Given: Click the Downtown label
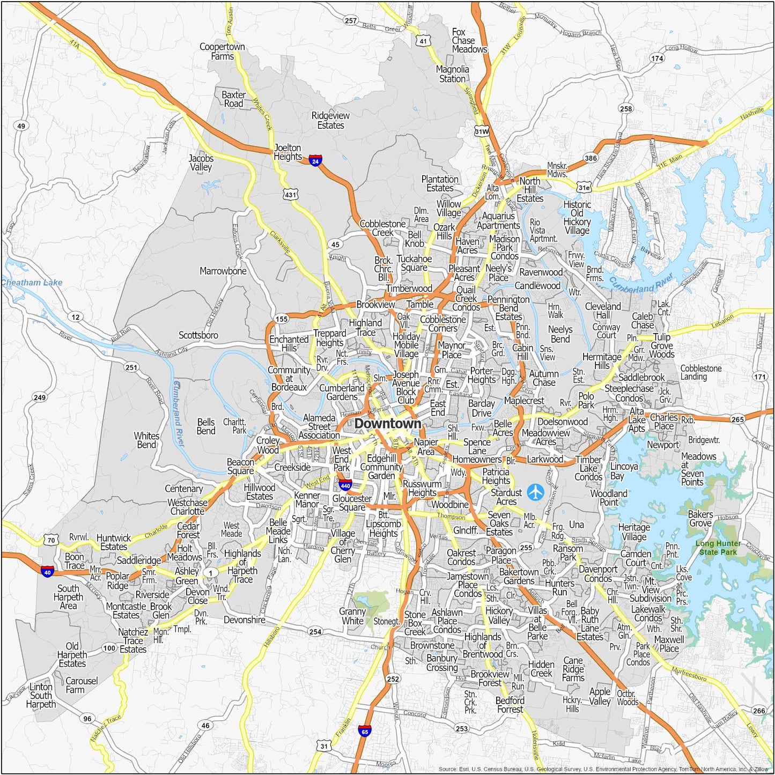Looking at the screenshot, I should [x=388, y=424].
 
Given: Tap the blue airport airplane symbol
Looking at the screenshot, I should [x=535, y=492].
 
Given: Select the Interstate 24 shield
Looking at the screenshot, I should [x=315, y=160].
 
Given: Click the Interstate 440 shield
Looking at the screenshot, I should [x=345, y=485].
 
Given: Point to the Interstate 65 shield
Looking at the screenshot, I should [x=365, y=731].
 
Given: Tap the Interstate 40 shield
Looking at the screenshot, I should [x=47, y=572].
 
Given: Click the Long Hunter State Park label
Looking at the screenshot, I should [x=718, y=548].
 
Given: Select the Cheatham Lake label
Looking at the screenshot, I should [x=32, y=283].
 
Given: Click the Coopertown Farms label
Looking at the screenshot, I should [x=222, y=51].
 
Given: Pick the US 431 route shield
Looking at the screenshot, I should [x=290, y=195].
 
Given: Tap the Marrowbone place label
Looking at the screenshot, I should [x=223, y=271].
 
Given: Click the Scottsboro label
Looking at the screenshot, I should [x=198, y=335].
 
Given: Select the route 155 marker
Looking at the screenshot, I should [x=282, y=319].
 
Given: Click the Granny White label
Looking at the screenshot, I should [x=352, y=616].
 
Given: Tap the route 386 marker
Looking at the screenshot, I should [x=591, y=158].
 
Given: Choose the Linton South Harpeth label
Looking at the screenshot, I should [x=41, y=696].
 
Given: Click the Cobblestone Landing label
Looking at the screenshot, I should [x=701, y=372].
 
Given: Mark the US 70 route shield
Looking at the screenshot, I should [x=51, y=540].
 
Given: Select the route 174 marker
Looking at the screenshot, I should [x=657, y=58].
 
